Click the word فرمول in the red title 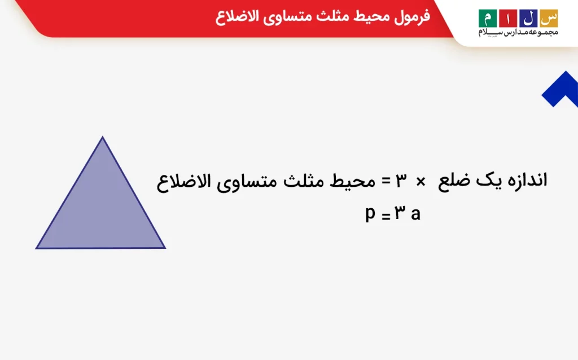[x=411, y=16]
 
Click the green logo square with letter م [x=487, y=19]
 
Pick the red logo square [x=508, y=19]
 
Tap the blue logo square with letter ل [x=528, y=19]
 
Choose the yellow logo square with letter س [x=549, y=19]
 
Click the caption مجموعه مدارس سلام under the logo [x=518, y=32]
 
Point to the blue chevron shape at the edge [x=561, y=90]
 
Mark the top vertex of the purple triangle [x=103, y=137]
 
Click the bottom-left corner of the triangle [x=36, y=248]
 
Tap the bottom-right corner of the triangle [x=165, y=248]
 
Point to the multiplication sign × [x=421, y=182]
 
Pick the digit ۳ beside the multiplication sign [x=401, y=181]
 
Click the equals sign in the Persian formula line [x=386, y=181]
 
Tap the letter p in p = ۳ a [x=370, y=214]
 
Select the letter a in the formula [x=415, y=214]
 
